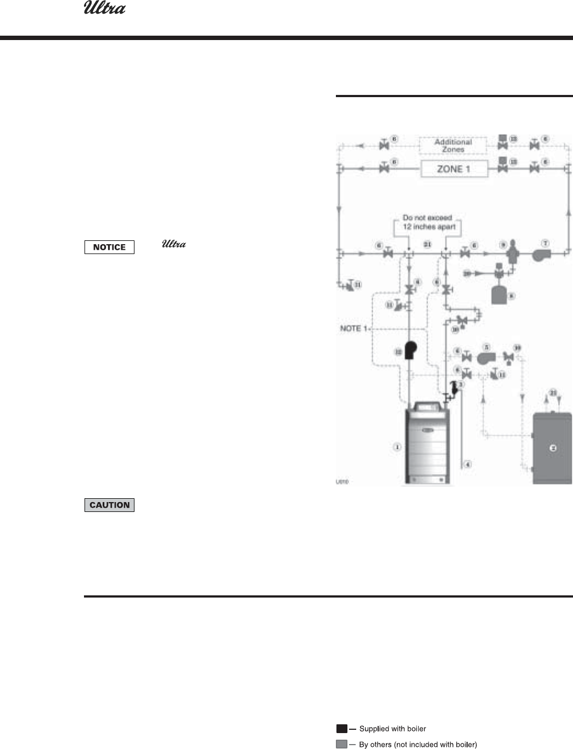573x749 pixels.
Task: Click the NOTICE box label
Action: point(109,247)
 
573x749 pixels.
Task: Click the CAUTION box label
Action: point(109,505)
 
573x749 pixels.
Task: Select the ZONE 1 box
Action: point(453,169)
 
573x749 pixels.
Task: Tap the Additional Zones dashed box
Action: point(453,145)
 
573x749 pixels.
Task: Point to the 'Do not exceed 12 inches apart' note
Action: point(428,222)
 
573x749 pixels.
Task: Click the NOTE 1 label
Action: point(351,328)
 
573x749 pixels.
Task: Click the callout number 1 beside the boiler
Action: point(397,447)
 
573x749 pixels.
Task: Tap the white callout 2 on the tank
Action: point(553,448)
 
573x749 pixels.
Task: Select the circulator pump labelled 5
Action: point(485,358)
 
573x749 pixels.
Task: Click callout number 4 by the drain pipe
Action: point(468,465)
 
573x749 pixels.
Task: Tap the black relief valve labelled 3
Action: point(454,388)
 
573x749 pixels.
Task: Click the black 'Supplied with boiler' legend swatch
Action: point(341,729)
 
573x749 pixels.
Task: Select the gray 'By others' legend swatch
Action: point(341,745)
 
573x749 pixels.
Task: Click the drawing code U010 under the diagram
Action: point(342,482)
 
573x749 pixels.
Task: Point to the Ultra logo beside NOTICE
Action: point(174,244)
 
